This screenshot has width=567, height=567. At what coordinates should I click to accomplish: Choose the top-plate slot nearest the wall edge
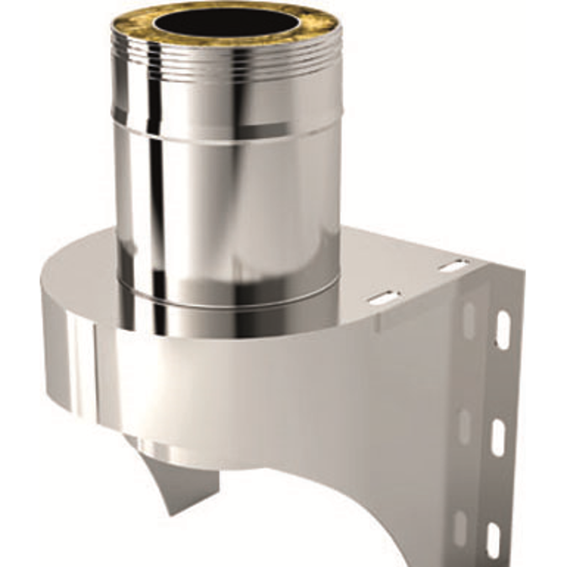point(454,266)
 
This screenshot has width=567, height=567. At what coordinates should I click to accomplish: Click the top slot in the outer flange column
point(502,330)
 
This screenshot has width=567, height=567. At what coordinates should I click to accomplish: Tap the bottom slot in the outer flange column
point(495,539)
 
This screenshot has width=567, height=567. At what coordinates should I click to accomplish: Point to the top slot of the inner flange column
point(470,319)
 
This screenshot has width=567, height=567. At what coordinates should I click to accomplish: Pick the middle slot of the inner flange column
point(465,427)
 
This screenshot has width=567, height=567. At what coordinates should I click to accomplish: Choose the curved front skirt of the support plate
point(252,395)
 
